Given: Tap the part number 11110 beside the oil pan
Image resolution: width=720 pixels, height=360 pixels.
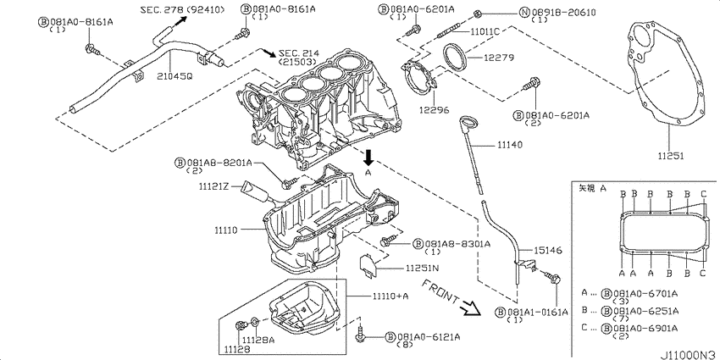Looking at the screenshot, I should tap(229, 229).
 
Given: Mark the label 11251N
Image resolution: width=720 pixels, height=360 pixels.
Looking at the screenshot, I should tap(423, 268).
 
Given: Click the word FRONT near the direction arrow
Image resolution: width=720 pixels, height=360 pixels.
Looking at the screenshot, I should tap(444, 292).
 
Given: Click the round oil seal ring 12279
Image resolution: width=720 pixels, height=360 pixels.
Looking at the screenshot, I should tap(462, 60).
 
